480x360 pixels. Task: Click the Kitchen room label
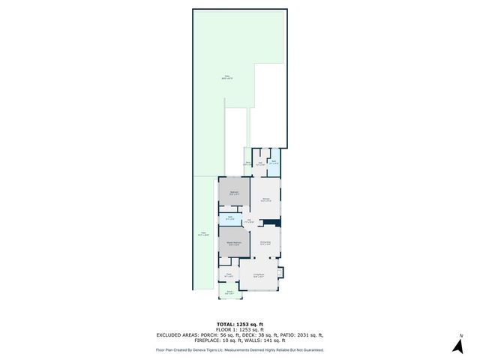[x=265, y=199]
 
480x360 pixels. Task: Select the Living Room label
[x=259, y=277]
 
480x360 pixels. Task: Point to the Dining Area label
[x=265, y=242]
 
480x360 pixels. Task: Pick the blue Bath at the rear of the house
[x=274, y=161]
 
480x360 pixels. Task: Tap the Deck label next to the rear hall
[x=247, y=163]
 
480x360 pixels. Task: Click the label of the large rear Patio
[x=225, y=76]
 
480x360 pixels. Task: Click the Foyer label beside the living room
[x=229, y=275]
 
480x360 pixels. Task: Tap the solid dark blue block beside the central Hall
[x=276, y=222]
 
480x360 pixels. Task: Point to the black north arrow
[x=456, y=346]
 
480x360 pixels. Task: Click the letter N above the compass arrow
[x=461, y=334]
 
